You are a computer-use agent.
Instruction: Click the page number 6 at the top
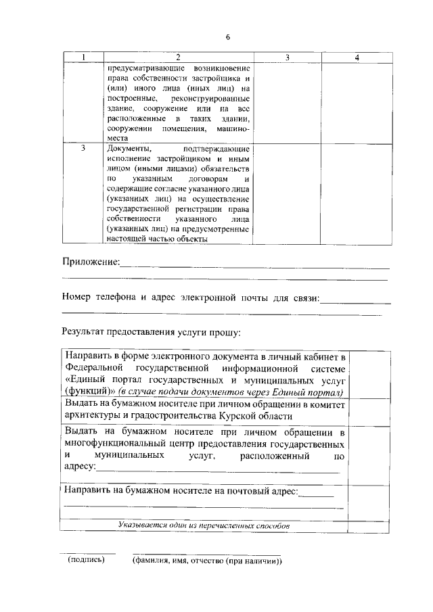(x=228, y=37)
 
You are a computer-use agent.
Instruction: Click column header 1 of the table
(x=83, y=58)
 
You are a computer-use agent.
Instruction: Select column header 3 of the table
(x=288, y=58)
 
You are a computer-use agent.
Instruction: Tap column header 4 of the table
(x=357, y=58)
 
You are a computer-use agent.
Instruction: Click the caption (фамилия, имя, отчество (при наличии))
(x=206, y=561)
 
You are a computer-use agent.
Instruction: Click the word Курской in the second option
(x=248, y=416)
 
